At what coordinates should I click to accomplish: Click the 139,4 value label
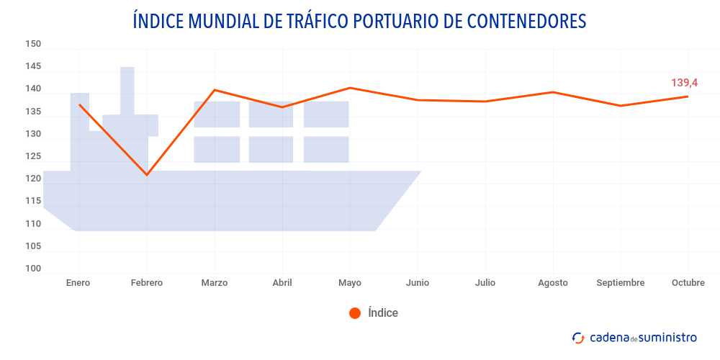(x=684, y=83)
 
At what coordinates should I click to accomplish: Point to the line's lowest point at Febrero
(x=147, y=175)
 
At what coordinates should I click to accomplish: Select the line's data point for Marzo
(x=215, y=90)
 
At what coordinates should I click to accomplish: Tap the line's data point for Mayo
(x=350, y=88)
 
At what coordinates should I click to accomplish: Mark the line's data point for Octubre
(x=688, y=96)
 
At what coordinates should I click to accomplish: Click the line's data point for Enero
(x=79, y=105)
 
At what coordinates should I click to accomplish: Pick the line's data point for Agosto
(x=553, y=92)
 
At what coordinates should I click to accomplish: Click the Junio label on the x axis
(x=417, y=283)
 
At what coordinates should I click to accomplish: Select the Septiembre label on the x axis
(x=620, y=283)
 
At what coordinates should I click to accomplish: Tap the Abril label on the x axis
(x=282, y=283)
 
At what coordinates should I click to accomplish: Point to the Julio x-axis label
(x=485, y=283)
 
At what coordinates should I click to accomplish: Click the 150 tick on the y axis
(x=33, y=44)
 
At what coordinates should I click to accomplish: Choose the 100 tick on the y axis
(x=33, y=269)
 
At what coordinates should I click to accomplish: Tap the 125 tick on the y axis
(x=33, y=156)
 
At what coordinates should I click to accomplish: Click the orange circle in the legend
(x=354, y=313)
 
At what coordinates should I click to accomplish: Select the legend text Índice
(x=382, y=313)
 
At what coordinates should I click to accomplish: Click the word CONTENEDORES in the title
(x=527, y=21)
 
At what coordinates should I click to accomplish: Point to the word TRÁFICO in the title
(x=314, y=21)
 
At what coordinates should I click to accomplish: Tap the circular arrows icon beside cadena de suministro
(x=577, y=338)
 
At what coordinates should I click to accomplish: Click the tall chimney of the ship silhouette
(x=127, y=90)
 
